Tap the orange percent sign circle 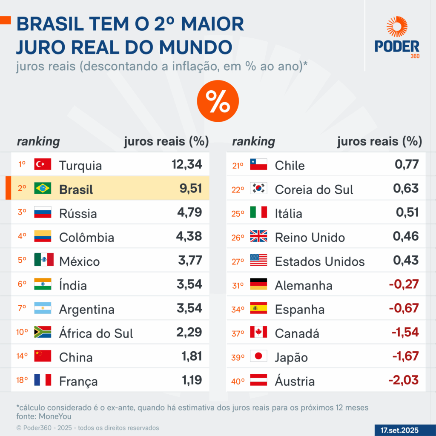pyautogui.click(x=218, y=101)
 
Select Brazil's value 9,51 pyautogui.click(x=190, y=188)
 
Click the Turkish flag pyautogui.click(x=43, y=164)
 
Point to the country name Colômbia pyautogui.click(x=86, y=237)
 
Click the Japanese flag pyautogui.click(x=258, y=356)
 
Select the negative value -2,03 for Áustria pyautogui.click(x=404, y=380)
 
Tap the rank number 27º pyautogui.click(x=238, y=261)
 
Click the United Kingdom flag pyautogui.click(x=258, y=236)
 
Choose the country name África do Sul pyautogui.click(x=96, y=333)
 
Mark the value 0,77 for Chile pyautogui.click(x=407, y=164)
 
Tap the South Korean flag pyautogui.click(x=258, y=188)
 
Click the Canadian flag pyautogui.click(x=258, y=332)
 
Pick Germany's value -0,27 pyautogui.click(x=404, y=284)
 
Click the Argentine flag pyautogui.click(x=43, y=308)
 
